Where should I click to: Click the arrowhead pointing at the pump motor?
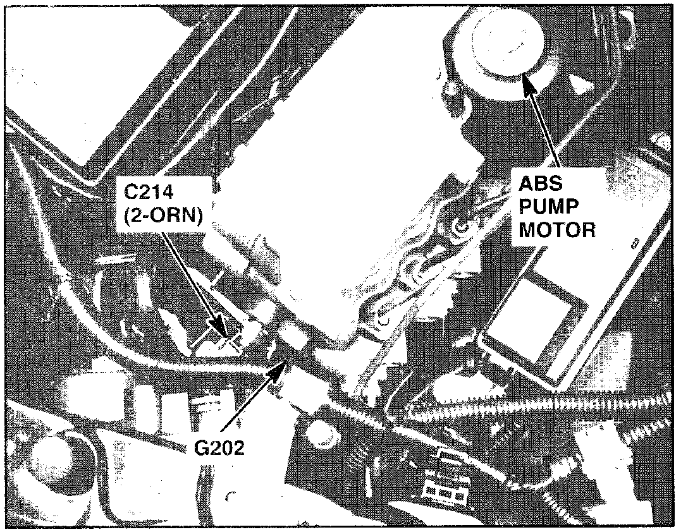pyautogui.click(x=525, y=80)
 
